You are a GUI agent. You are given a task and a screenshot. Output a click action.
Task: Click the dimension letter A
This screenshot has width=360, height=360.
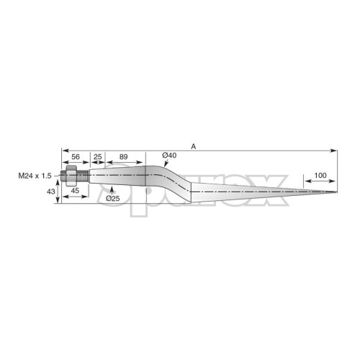pos(194,146)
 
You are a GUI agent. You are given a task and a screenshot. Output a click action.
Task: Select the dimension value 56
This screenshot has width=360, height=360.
pos(76,157)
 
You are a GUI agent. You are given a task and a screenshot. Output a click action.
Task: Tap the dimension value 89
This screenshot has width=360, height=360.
pos(123,157)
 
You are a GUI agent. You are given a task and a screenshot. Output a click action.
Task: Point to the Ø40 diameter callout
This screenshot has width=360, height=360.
pos(169,156)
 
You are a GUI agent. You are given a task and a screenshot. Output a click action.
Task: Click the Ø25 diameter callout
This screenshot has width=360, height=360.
pos(113,199)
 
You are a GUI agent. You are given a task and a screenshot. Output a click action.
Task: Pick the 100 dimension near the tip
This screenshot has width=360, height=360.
pos(320,176)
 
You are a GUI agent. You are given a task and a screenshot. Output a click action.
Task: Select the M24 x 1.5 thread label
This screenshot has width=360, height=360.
pos(35,176)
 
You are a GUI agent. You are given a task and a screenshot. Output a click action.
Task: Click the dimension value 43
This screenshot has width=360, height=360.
pos(51,192)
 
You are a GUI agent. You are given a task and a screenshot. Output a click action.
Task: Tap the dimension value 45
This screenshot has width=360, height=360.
pos(75,191)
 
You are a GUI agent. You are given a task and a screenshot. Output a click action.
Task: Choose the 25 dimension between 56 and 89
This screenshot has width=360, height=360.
pos(98,157)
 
